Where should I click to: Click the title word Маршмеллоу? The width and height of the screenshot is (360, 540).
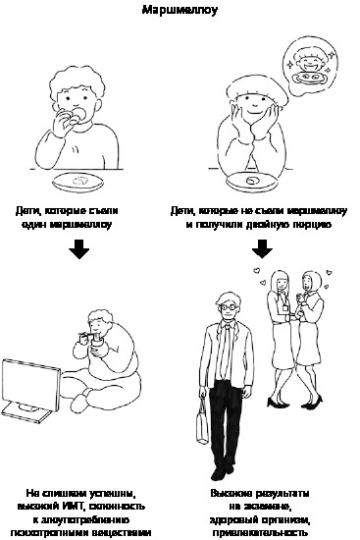pyautogui.click(x=180, y=9)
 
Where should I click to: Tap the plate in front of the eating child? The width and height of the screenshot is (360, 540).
pyautogui.click(x=77, y=183)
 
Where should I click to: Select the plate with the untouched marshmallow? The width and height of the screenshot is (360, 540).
pyautogui.click(x=251, y=182)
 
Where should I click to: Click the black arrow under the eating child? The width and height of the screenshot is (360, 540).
pyautogui.click(x=78, y=248)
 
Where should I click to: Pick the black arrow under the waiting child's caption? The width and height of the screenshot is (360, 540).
pyautogui.click(x=262, y=248)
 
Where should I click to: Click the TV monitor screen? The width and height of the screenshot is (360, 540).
pyautogui.click(x=31, y=385)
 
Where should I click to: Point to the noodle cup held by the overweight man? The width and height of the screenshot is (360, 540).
pyautogui.click(x=97, y=341)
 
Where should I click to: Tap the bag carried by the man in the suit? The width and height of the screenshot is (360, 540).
pyautogui.click(x=202, y=424)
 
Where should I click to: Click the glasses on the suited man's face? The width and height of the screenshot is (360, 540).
pyautogui.click(x=229, y=306)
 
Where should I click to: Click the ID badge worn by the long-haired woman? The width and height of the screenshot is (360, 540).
pyautogui.click(x=285, y=307)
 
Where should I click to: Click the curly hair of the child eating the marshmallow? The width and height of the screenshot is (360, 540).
pyautogui.click(x=77, y=81)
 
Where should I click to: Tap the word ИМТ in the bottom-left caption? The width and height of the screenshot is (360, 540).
pyautogui.click(x=72, y=507)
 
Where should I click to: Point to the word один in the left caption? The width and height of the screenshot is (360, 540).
pyautogui.click(x=34, y=225)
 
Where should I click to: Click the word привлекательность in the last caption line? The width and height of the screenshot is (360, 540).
pyautogui.click(x=260, y=532)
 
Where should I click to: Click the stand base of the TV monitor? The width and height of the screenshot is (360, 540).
pyautogui.click(x=26, y=412)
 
